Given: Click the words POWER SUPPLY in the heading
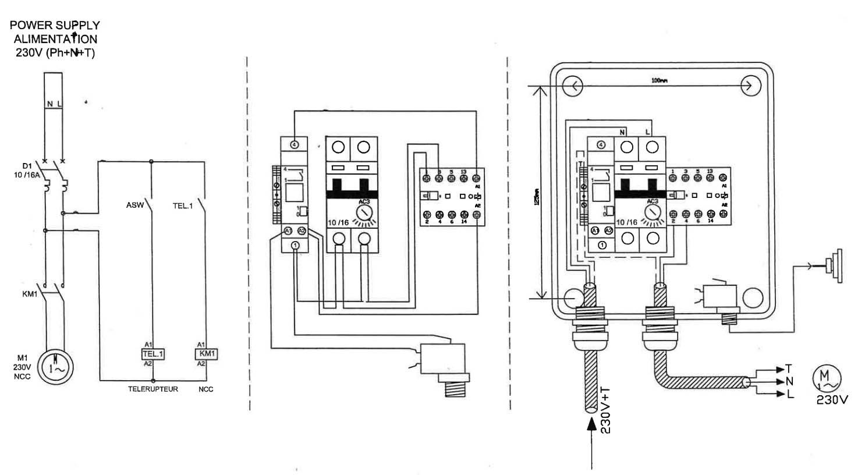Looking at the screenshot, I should click(x=55, y=26).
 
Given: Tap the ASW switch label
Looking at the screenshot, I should click(x=134, y=205).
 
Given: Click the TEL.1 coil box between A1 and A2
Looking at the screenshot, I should click(x=153, y=354).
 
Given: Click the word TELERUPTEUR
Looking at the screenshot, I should click(x=153, y=389).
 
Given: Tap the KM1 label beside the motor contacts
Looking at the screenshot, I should click(x=30, y=294).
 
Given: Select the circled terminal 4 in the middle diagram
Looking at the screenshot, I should click(x=295, y=144).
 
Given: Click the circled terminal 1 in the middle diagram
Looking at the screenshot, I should click(x=295, y=246).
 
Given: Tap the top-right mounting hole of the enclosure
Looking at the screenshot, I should click(x=749, y=86).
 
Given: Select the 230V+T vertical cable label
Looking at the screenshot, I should click(x=605, y=411).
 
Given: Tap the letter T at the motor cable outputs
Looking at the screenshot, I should click(x=789, y=369).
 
